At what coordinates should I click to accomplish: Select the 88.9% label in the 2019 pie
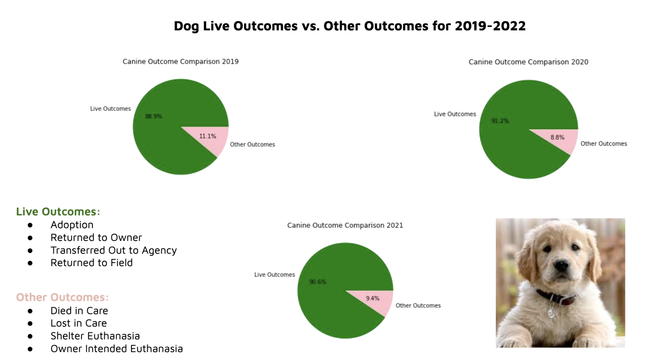(154, 117)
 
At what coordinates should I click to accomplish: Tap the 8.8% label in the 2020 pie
(557, 137)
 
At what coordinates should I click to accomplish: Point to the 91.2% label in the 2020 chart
(500, 121)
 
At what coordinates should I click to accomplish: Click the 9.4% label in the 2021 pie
(372, 298)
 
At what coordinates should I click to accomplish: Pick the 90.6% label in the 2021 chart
(318, 282)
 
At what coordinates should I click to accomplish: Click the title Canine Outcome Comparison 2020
(528, 62)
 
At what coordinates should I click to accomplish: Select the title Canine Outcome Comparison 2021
(345, 226)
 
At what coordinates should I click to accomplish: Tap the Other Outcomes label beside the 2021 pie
(418, 306)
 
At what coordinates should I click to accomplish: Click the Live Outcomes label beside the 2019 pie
(110, 109)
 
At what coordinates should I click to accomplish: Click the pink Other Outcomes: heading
(62, 297)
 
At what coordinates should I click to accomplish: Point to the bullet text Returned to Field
(92, 263)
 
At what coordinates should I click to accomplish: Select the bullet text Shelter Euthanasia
(95, 336)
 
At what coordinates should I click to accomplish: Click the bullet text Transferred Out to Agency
(114, 250)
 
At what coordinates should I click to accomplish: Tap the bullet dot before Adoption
(30, 225)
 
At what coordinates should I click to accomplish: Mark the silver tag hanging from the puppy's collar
(551, 312)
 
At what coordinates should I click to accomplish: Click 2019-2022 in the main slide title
(490, 26)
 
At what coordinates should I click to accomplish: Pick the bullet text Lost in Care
(79, 323)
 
